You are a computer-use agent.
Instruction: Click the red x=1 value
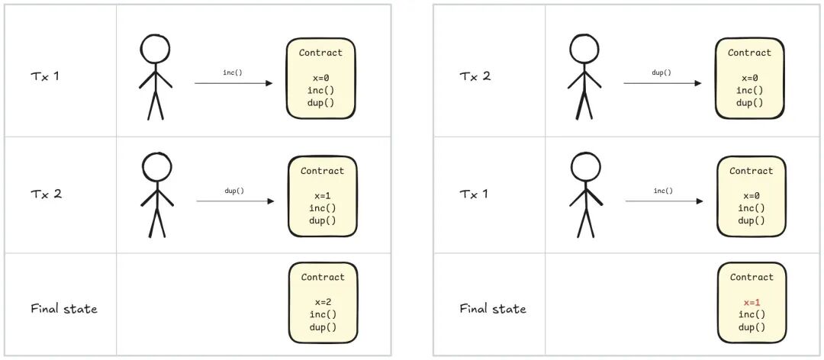tap(751, 302)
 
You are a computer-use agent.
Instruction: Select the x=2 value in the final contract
tap(322, 302)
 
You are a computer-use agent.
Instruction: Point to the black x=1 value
tap(322, 196)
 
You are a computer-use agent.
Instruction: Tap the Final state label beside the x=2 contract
tap(64, 309)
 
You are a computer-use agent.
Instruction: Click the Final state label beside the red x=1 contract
tap(493, 309)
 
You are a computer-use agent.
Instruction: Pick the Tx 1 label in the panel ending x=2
tap(45, 76)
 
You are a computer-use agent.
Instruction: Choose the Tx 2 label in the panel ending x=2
tap(46, 194)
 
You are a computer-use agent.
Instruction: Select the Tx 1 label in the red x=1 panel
tap(475, 194)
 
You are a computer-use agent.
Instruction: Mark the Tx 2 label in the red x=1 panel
tap(475, 76)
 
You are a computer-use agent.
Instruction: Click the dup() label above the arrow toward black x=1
tap(234, 190)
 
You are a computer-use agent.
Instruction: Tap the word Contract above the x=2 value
tap(322, 277)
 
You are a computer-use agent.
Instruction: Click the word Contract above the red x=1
tap(751, 277)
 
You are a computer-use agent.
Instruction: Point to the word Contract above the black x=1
tap(322, 171)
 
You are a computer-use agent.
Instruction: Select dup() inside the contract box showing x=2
tap(322, 327)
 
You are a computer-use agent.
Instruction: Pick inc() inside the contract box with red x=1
tap(751, 314)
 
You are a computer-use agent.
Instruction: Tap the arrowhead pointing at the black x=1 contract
tap(270, 201)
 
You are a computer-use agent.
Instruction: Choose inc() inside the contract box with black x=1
tap(322, 208)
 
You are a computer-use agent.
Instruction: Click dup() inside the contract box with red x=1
tap(751, 327)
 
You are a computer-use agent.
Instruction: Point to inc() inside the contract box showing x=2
tap(322, 314)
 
